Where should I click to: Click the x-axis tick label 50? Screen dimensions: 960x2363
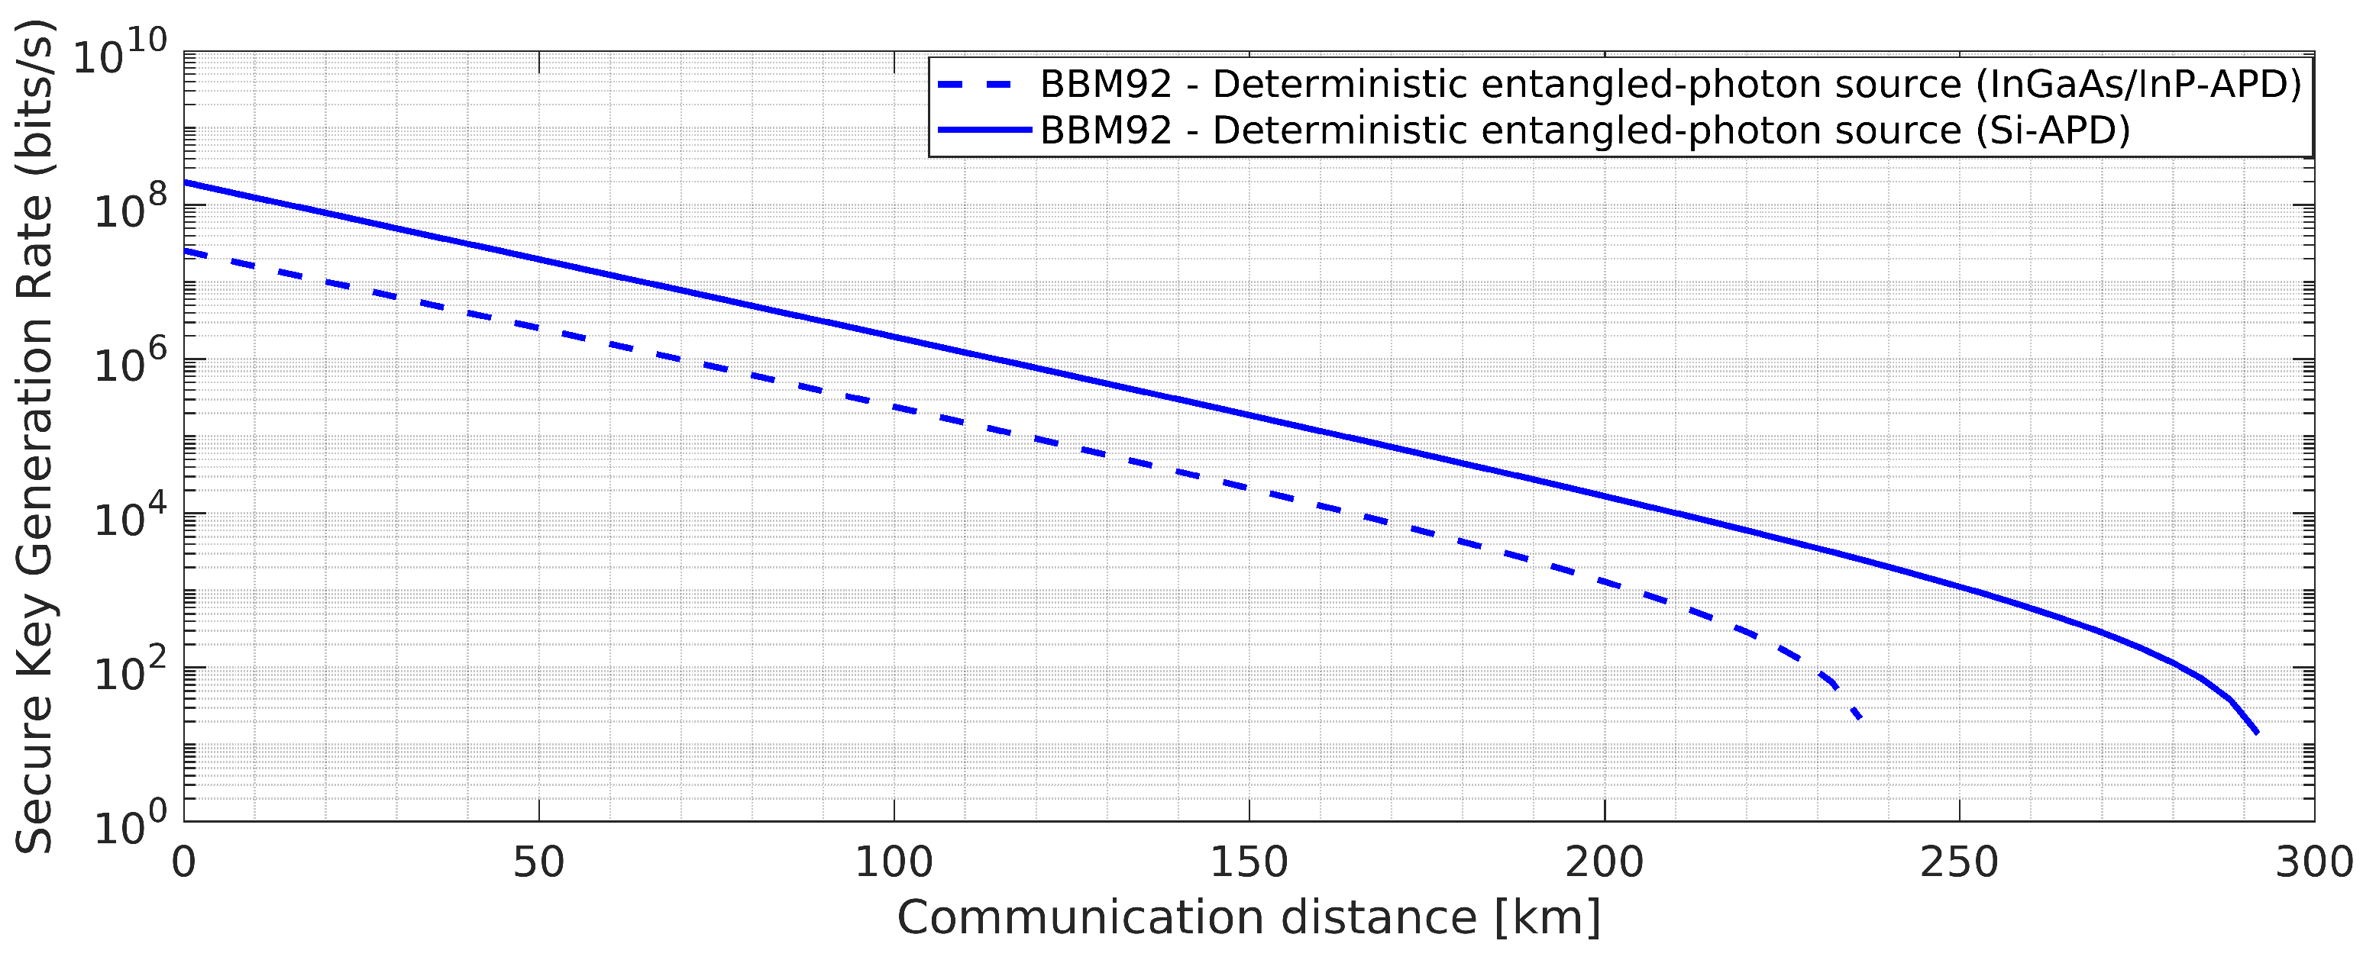click(538, 864)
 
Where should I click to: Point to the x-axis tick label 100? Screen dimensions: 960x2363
click(894, 864)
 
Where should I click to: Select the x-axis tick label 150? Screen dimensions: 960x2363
click(1249, 864)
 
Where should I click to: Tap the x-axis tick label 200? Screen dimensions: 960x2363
click(1605, 864)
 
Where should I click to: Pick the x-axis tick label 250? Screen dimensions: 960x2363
click(1960, 864)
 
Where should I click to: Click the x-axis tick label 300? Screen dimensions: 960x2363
click(2313, 864)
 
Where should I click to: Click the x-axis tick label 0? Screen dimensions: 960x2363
click(184, 864)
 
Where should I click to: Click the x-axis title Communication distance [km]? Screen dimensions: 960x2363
click(1249, 918)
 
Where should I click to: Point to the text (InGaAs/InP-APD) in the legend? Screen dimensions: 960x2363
click(2138, 85)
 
